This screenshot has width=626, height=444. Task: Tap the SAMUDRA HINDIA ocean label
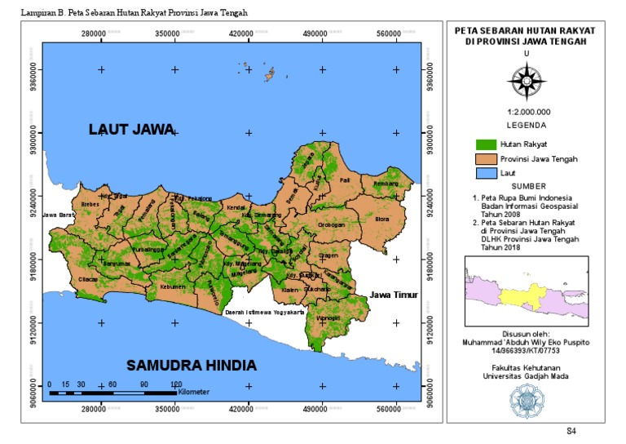[192, 364]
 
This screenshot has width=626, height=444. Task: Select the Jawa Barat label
[58, 215]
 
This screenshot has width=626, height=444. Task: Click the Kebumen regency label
[173, 287]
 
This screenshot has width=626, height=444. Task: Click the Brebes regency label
[90, 204]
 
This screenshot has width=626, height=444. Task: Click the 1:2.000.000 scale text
[528, 111]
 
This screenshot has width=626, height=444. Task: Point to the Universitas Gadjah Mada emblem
[527, 398]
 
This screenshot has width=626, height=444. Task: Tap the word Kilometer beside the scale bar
[193, 393]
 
